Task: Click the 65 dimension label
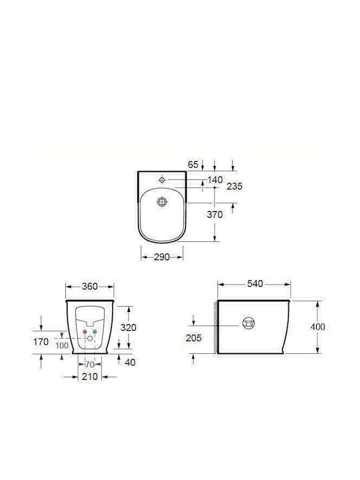pyautogui.click(x=193, y=165)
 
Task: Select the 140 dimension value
pyautogui.click(x=215, y=180)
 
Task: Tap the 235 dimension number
pyautogui.click(x=235, y=186)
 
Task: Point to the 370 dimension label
pyautogui.click(x=215, y=215)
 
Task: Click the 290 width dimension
pyautogui.click(x=161, y=257)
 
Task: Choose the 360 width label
pyautogui.click(x=90, y=287)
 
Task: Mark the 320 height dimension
pyautogui.click(x=128, y=327)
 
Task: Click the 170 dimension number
pyautogui.click(x=41, y=341)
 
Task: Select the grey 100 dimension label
pyautogui.click(x=62, y=346)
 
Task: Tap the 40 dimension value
pyautogui.click(x=130, y=363)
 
